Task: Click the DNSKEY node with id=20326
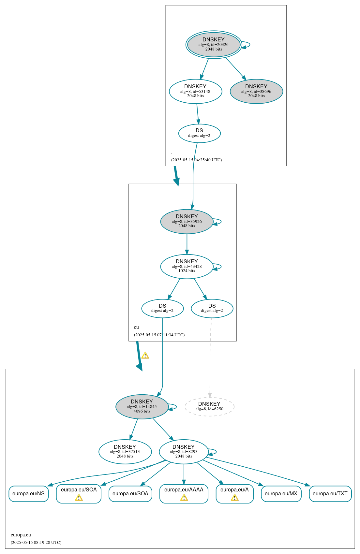pos(214,45)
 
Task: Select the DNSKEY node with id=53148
pos(195,91)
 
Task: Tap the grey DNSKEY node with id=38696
pos(256,91)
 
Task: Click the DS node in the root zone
pos(199,133)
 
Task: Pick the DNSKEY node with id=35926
pos(187,221)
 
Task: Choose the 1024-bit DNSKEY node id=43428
pos(187,266)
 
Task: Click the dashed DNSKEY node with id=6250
pos(209,406)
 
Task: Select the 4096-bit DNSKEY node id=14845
pos(142,406)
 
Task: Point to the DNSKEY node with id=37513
pos(125,451)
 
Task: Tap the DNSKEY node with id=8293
pos(184,451)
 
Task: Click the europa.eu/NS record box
pos(28,493)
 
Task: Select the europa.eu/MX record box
pos(281,493)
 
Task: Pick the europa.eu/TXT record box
pos(330,493)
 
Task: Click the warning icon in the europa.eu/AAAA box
pos(184,498)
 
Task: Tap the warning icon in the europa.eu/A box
pos(234,498)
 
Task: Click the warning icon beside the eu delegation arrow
pos(145,355)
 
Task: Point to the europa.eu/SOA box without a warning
pos(130,493)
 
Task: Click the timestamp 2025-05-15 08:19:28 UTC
pos(36,542)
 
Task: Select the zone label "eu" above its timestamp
pos(136,327)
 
